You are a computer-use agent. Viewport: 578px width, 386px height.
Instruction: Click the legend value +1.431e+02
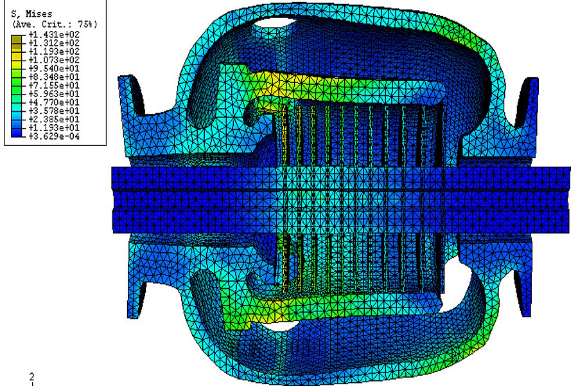(x=54, y=34)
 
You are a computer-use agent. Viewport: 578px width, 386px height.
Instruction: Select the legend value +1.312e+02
(x=54, y=43)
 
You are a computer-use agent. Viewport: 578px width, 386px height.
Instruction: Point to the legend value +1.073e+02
(x=54, y=60)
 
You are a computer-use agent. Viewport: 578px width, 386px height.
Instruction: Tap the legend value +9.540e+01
(x=54, y=68)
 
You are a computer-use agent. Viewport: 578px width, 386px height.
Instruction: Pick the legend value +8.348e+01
(x=54, y=77)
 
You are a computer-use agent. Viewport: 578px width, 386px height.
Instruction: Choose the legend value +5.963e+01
(x=54, y=94)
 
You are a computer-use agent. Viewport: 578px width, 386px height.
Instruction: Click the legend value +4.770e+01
(x=54, y=102)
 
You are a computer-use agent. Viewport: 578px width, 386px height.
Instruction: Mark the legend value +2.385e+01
(x=54, y=119)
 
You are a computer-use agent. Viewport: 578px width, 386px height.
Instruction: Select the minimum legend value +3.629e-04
(x=54, y=136)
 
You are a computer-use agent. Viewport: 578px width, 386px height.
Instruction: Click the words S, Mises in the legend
(x=31, y=14)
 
